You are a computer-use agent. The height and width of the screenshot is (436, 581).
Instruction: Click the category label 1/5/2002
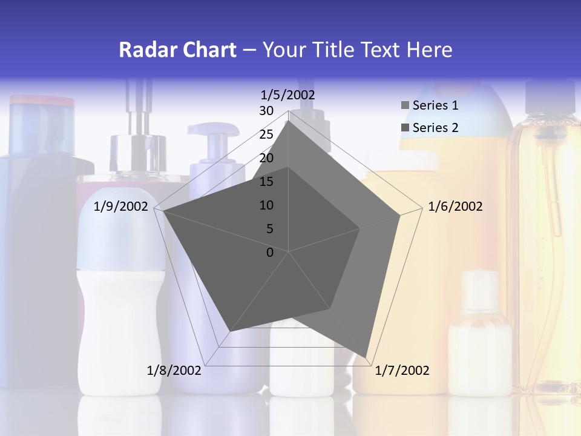click(288, 94)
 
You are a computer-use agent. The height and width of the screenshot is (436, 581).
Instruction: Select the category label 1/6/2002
click(455, 206)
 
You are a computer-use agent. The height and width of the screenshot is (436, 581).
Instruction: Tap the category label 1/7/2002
click(402, 370)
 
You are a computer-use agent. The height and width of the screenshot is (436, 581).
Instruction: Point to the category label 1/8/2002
click(174, 370)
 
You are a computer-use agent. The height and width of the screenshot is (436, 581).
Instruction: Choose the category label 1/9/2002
click(121, 206)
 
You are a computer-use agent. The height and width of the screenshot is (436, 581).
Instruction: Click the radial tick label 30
click(266, 111)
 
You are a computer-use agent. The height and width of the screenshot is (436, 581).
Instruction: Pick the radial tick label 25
click(266, 134)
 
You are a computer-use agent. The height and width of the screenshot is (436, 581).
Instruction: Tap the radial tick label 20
click(266, 158)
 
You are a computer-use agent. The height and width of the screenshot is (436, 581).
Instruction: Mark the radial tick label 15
click(266, 182)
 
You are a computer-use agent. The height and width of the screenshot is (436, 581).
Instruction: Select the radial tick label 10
click(266, 205)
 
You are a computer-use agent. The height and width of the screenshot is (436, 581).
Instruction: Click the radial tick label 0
click(269, 253)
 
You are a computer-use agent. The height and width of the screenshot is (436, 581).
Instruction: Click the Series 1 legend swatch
click(405, 105)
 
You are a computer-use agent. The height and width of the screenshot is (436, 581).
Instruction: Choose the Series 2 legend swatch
click(405, 128)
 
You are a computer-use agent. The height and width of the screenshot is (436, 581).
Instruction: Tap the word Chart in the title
click(209, 50)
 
